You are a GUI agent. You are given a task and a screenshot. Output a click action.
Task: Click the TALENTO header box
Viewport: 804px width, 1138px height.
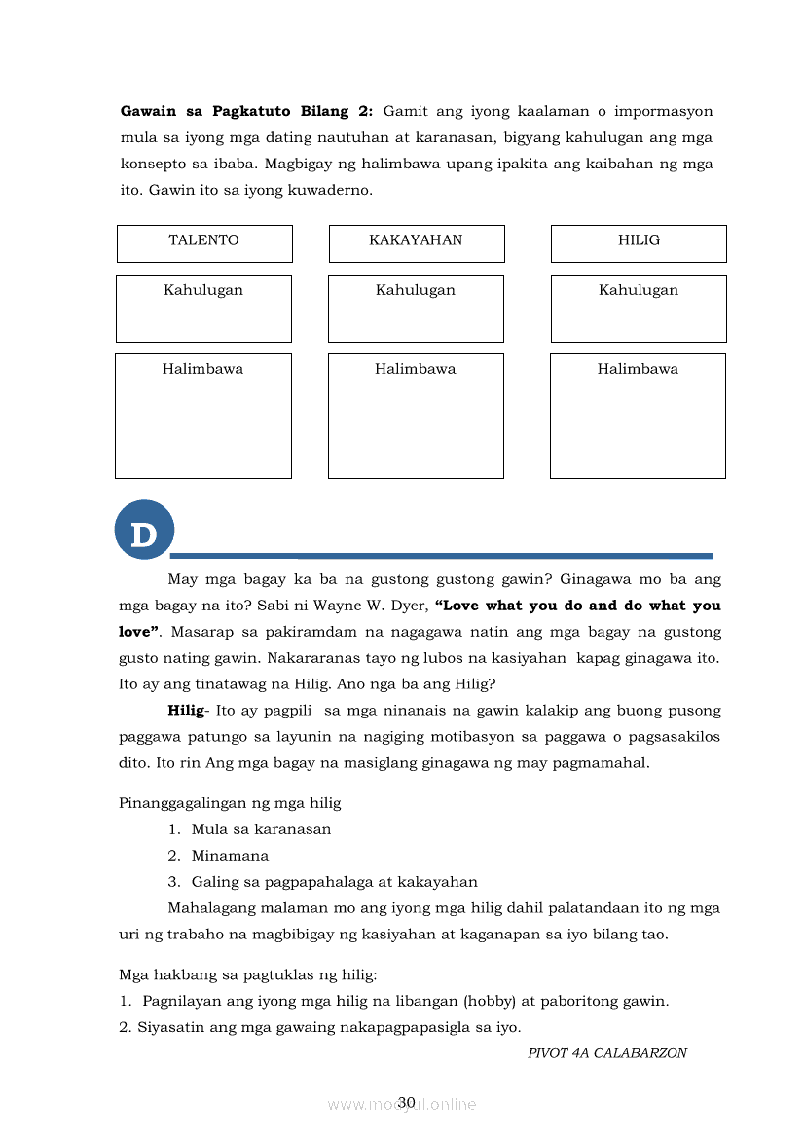tap(204, 242)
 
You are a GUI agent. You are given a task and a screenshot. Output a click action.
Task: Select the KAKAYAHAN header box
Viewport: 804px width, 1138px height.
tap(416, 242)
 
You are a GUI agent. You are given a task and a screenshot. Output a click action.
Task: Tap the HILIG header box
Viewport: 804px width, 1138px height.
tap(639, 242)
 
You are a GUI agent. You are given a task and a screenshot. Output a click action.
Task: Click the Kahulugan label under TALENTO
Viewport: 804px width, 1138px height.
tap(203, 290)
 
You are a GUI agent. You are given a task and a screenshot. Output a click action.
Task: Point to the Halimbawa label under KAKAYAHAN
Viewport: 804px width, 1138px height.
tap(416, 369)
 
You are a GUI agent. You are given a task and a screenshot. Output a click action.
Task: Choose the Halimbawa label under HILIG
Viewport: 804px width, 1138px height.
tap(638, 369)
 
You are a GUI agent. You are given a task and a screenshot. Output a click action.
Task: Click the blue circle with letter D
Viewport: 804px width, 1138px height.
tap(144, 531)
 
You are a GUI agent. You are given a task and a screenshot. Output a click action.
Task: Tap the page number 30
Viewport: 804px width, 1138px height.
tap(407, 1102)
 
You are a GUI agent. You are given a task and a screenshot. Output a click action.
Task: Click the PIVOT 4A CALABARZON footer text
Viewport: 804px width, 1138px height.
tap(607, 1053)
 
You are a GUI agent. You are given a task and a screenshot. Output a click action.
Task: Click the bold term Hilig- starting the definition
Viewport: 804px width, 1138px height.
tap(187, 711)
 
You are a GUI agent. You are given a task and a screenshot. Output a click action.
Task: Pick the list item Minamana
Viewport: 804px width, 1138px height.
tap(230, 856)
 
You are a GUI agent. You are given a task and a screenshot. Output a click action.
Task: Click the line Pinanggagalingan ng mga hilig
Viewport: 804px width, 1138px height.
tap(230, 803)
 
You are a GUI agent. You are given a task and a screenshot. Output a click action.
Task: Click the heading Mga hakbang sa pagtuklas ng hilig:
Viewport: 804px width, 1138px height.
tap(247, 974)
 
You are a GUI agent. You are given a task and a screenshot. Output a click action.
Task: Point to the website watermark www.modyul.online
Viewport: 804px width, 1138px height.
tap(402, 1104)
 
